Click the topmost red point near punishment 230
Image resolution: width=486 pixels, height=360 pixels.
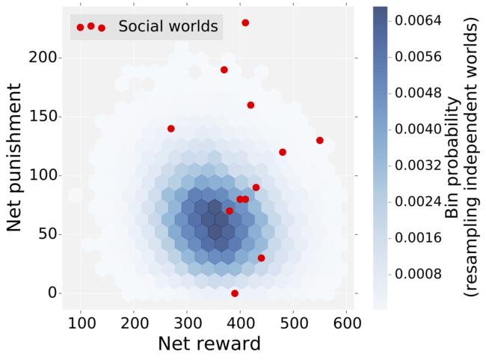click(x=245, y=23)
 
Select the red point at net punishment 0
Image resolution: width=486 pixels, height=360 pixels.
click(x=235, y=293)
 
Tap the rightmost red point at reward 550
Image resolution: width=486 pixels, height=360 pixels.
click(x=320, y=141)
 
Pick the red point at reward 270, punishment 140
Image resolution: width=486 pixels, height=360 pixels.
click(x=171, y=129)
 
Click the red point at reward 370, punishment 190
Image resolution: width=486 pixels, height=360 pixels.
click(x=224, y=70)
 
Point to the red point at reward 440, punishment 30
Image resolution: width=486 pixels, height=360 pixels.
click(x=262, y=258)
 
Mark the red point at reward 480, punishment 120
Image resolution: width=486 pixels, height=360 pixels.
click(x=283, y=152)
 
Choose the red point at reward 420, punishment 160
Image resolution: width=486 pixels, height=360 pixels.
click(x=250, y=106)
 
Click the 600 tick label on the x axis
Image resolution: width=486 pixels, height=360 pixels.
click(x=346, y=323)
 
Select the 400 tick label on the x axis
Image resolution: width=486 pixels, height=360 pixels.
click(x=240, y=323)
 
